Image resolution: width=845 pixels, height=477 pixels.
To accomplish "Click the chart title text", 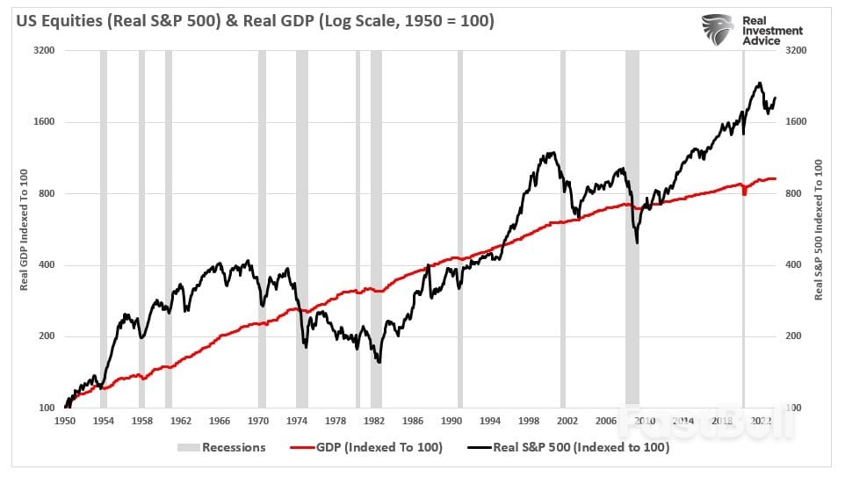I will (x=253, y=19).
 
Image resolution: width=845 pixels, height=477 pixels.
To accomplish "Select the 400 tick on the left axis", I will (x=47, y=265).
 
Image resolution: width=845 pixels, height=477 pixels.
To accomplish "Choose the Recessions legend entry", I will (x=224, y=447).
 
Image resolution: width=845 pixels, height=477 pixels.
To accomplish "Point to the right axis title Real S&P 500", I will (x=819, y=230).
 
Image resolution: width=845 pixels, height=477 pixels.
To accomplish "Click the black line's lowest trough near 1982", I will (x=379, y=361).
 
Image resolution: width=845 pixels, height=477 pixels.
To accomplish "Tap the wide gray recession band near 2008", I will (x=632, y=228).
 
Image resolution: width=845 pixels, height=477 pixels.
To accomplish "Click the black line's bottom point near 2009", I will (x=637, y=242).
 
